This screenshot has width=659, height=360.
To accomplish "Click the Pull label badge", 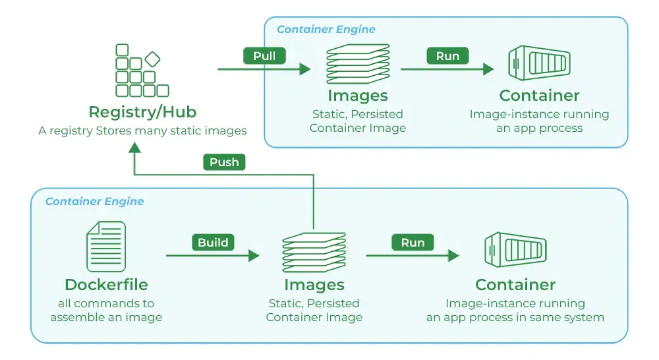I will [x=264, y=56].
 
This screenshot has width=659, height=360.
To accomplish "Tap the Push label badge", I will [x=224, y=162].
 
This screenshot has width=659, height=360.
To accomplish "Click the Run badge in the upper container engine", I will [x=447, y=56].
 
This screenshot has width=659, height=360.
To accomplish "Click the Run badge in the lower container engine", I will [x=413, y=243].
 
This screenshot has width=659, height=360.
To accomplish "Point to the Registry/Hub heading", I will [x=142, y=111].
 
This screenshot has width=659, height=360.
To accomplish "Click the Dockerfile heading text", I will [x=106, y=285].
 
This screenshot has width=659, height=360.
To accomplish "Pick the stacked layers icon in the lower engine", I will [x=314, y=253].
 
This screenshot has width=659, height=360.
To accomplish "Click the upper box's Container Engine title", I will [x=326, y=30].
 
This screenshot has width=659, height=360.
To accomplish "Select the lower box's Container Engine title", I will [x=94, y=201].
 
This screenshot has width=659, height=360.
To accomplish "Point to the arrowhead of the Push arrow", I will [x=134, y=148].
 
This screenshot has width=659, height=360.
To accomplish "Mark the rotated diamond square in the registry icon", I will [x=152, y=59].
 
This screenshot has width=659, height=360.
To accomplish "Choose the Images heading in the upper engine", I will [x=357, y=96].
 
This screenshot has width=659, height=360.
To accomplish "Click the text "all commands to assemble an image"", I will [x=106, y=311].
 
